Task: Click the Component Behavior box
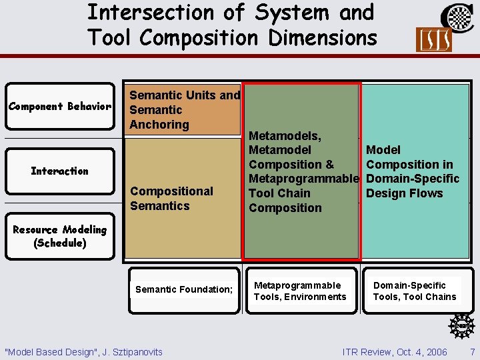point(59,107)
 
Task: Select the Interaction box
point(59,171)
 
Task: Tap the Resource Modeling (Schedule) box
point(59,236)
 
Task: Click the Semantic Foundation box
point(184,289)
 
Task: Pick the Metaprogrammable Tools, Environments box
point(300,291)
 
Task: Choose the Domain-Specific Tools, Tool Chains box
point(415,291)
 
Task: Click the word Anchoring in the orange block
point(159,125)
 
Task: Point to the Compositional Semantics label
point(171,199)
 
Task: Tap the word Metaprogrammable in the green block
point(303,179)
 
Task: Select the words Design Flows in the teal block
point(405,193)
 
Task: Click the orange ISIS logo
point(433,40)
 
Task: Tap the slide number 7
point(472,351)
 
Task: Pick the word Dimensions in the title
point(323,37)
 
